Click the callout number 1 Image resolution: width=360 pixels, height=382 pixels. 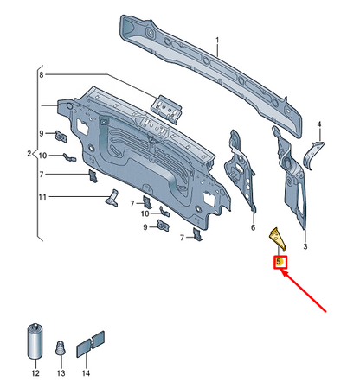click(x=217, y=40)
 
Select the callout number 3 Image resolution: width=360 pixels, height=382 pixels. click(x=305, y=246)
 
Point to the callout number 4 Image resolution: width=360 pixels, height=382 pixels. click(x=318, y=124)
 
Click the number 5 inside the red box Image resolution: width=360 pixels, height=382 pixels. click(x=280, y=262)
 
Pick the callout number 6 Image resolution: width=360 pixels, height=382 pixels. click(x=253, y=229)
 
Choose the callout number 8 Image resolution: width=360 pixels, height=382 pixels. click(x=40, y=75)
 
